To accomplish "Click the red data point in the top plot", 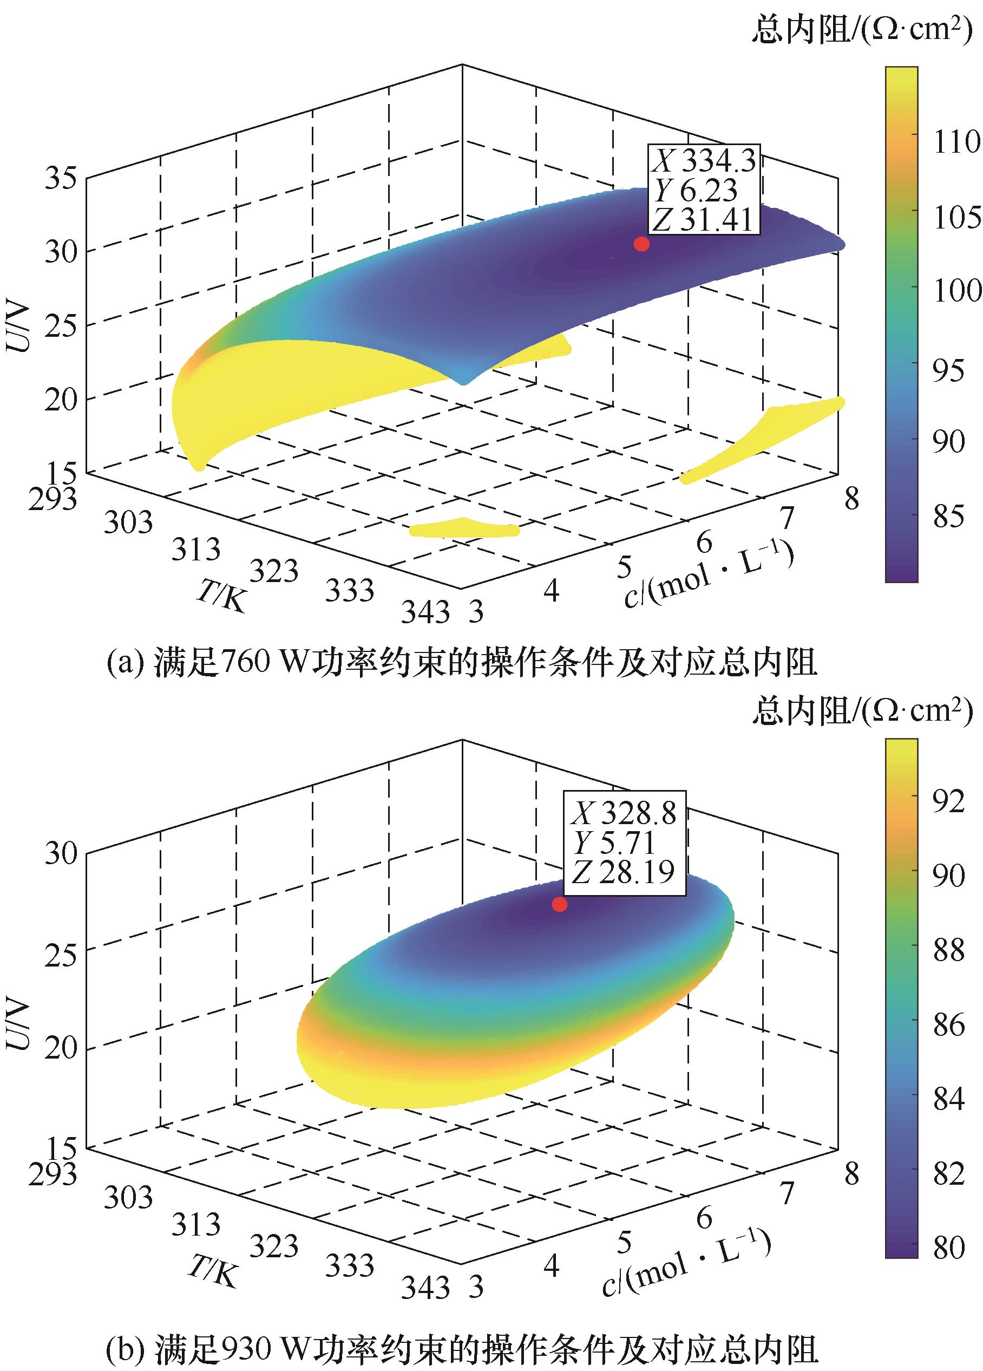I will point(641,244).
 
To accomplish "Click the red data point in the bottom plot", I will point(560,904).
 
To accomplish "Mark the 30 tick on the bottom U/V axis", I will point(61,853).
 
